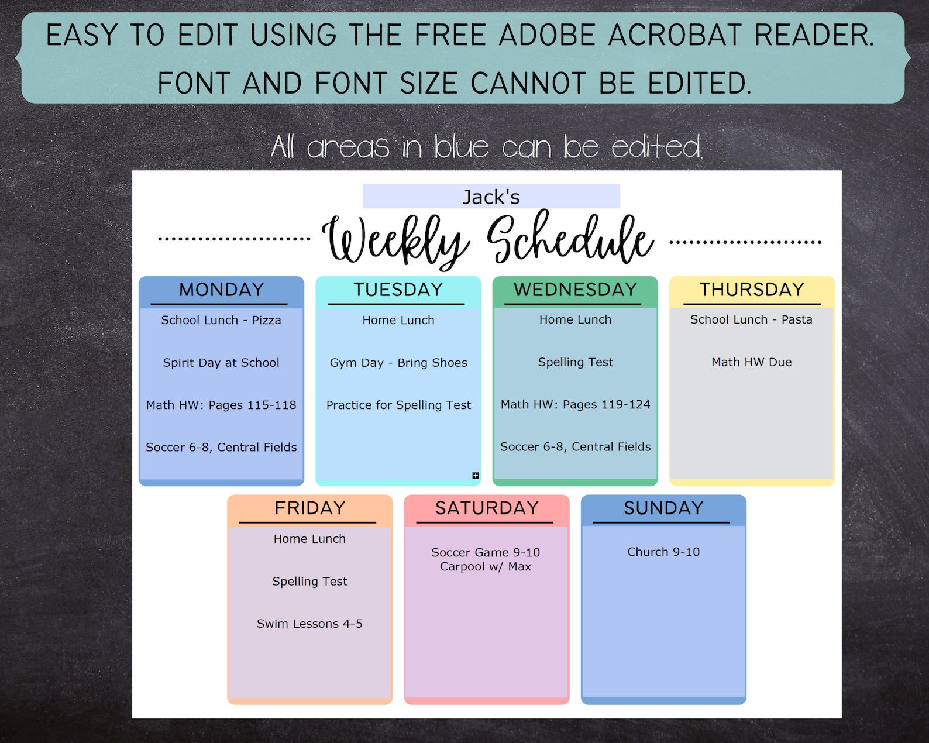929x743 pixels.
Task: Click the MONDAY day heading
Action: pos(221,290)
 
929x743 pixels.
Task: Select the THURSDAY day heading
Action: pos(752,290)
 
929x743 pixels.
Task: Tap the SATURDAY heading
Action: pos(487,508)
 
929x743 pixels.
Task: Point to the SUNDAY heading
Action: pos(663,508)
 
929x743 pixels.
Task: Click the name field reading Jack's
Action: pos(491,197)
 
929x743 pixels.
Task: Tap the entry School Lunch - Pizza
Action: pos(221,320)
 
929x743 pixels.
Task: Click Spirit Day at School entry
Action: pos(221,363)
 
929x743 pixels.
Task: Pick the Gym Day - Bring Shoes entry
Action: pos(398,363)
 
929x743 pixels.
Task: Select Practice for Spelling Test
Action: pos(398,405)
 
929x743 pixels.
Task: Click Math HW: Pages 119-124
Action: pos(575,404)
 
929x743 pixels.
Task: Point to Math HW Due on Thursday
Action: pos(752,362)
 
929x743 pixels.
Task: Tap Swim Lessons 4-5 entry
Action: pos(309,624)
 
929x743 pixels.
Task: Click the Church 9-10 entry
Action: pos(663,552)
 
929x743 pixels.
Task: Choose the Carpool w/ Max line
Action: pos(486,566)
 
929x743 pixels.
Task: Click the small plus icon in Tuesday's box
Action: pos(476,476)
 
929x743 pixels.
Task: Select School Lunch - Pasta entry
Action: pos(751,319)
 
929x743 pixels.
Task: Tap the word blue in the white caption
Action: pos(461,147)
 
